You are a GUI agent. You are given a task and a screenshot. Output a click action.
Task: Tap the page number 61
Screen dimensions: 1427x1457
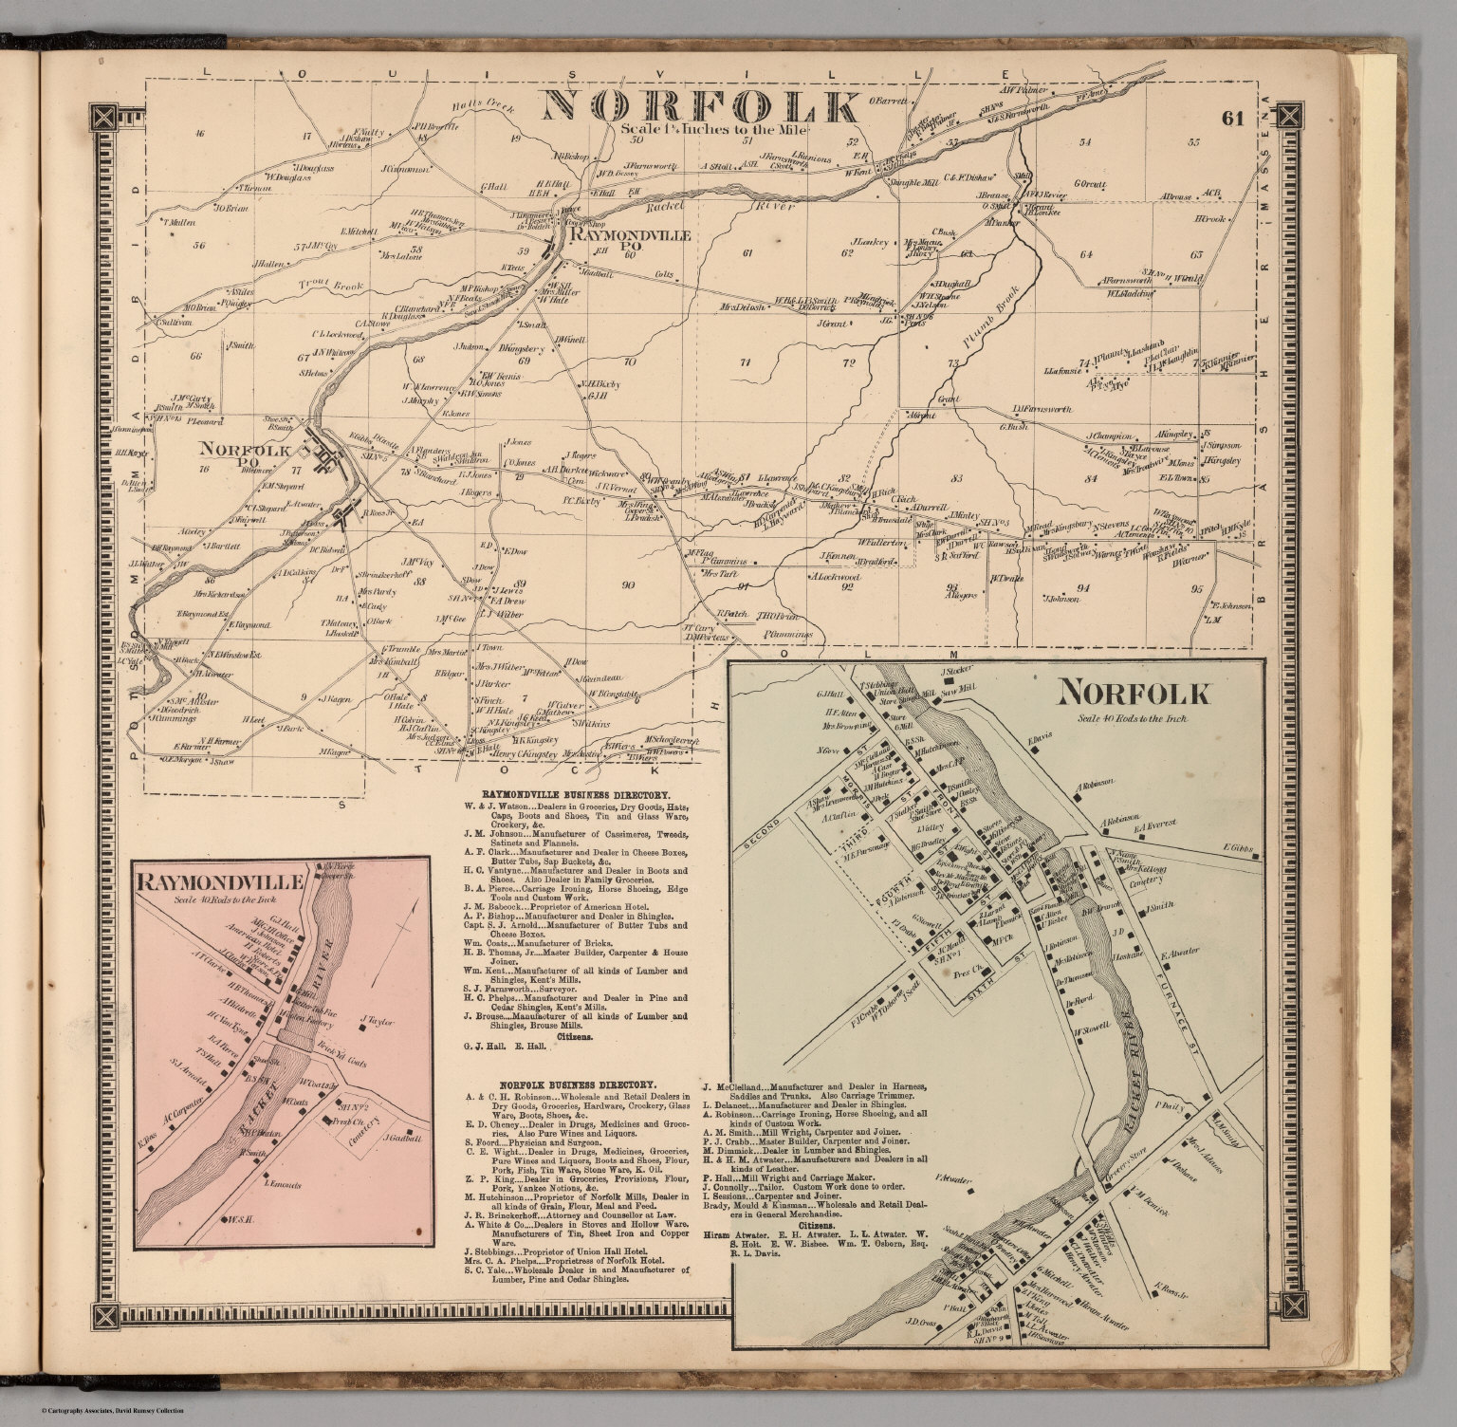(1232, 119)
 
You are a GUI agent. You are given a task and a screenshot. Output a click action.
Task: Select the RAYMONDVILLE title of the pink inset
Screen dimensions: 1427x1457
(220, 881)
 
